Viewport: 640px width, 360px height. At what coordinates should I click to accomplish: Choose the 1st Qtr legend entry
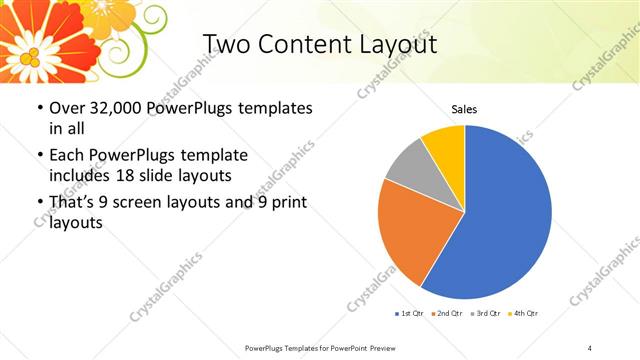[x=411, y=314]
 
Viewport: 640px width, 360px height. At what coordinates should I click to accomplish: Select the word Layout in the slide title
[x=394, y=44]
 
